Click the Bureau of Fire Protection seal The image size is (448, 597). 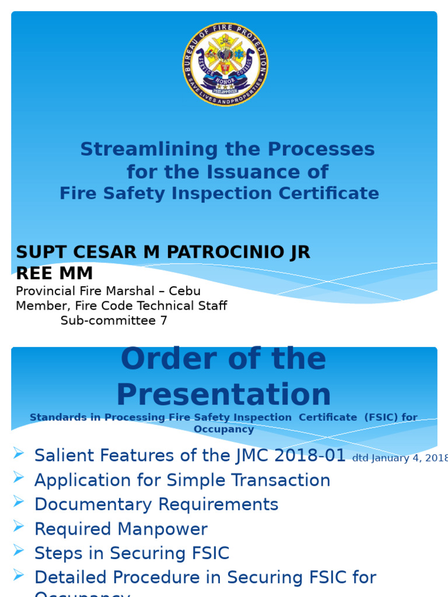pyautogui.click(x=225, y=64)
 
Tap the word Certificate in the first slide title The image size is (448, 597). pyautogui.click(x=331, y=194)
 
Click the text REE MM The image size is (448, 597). pyautogui.click(x=54, y=273)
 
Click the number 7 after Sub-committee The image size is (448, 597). pyautogui.click(x=163, y=321)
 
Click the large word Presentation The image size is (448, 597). pyautogui.click(x=223, y=395)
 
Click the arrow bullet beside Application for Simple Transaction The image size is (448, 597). pyautogui.click(x=19, y=477)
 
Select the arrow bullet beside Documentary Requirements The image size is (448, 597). pyautogui.click(x=19, y=502)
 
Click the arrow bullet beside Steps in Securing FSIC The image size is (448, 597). pyautogui.click(x=19, y=550)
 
